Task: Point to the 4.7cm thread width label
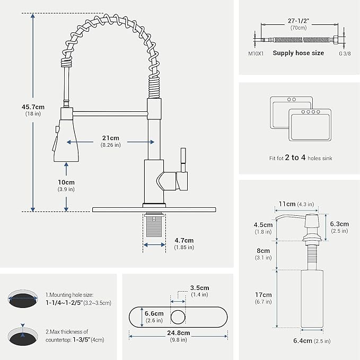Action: click(x=184, y=243)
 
